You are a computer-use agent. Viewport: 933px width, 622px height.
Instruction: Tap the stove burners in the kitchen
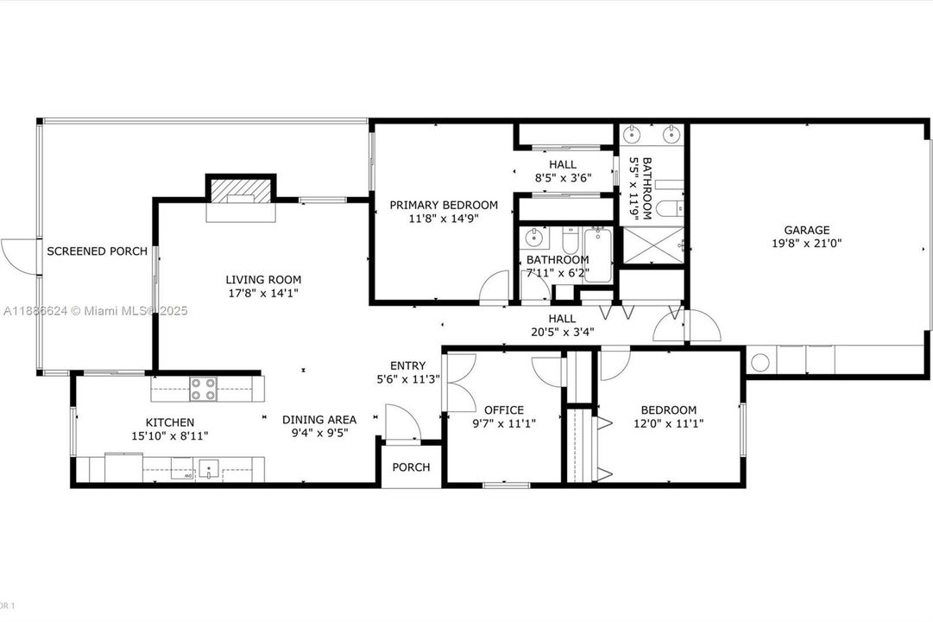click(x=203, y=390)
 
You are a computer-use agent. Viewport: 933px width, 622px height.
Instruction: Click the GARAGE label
click(x=807, y=230)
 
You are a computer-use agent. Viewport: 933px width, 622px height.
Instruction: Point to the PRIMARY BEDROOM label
click(x=444, y=205)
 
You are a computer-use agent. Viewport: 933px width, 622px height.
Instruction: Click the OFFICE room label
click(x=504, y=410)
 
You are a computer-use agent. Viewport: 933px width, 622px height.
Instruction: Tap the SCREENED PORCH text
click(x=97, y=251)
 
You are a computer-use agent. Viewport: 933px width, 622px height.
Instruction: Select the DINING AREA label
click(x=319, y=420)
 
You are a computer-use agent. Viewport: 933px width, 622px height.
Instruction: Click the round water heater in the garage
click(x=760, y=361)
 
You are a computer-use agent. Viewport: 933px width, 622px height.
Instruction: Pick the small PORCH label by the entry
click(x=411, y=467)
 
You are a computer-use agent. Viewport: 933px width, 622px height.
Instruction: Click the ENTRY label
click(x=407, y=365)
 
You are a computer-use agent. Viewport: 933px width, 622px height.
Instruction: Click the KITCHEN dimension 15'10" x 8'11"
click(x=169, y=436)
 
